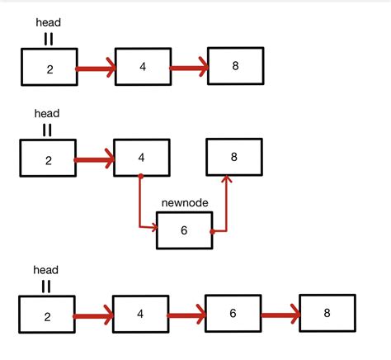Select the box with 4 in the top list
click(x=143, y=66)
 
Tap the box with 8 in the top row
click(x=235, y=65)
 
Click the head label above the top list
click(x=49, y=23)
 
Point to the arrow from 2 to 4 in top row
click(x=96, y=69)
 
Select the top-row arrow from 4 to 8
click(x=189, y=69)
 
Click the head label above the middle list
click(x=47, y=113)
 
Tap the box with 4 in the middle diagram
click(x=141, y=158)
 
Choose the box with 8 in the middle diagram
click(x=233, y=157)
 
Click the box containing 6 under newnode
click(x=184, y=231)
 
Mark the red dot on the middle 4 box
click(x=141, y=176)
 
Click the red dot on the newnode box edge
click(x=213, y=232)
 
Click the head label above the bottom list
click(x=45, y=270)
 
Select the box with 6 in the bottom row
click(x=233, y=314)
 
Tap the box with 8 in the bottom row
click(x=327, y=313)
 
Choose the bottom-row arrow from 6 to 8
click(x=280, y=315)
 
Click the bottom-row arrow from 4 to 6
click(x=186, y=315)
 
